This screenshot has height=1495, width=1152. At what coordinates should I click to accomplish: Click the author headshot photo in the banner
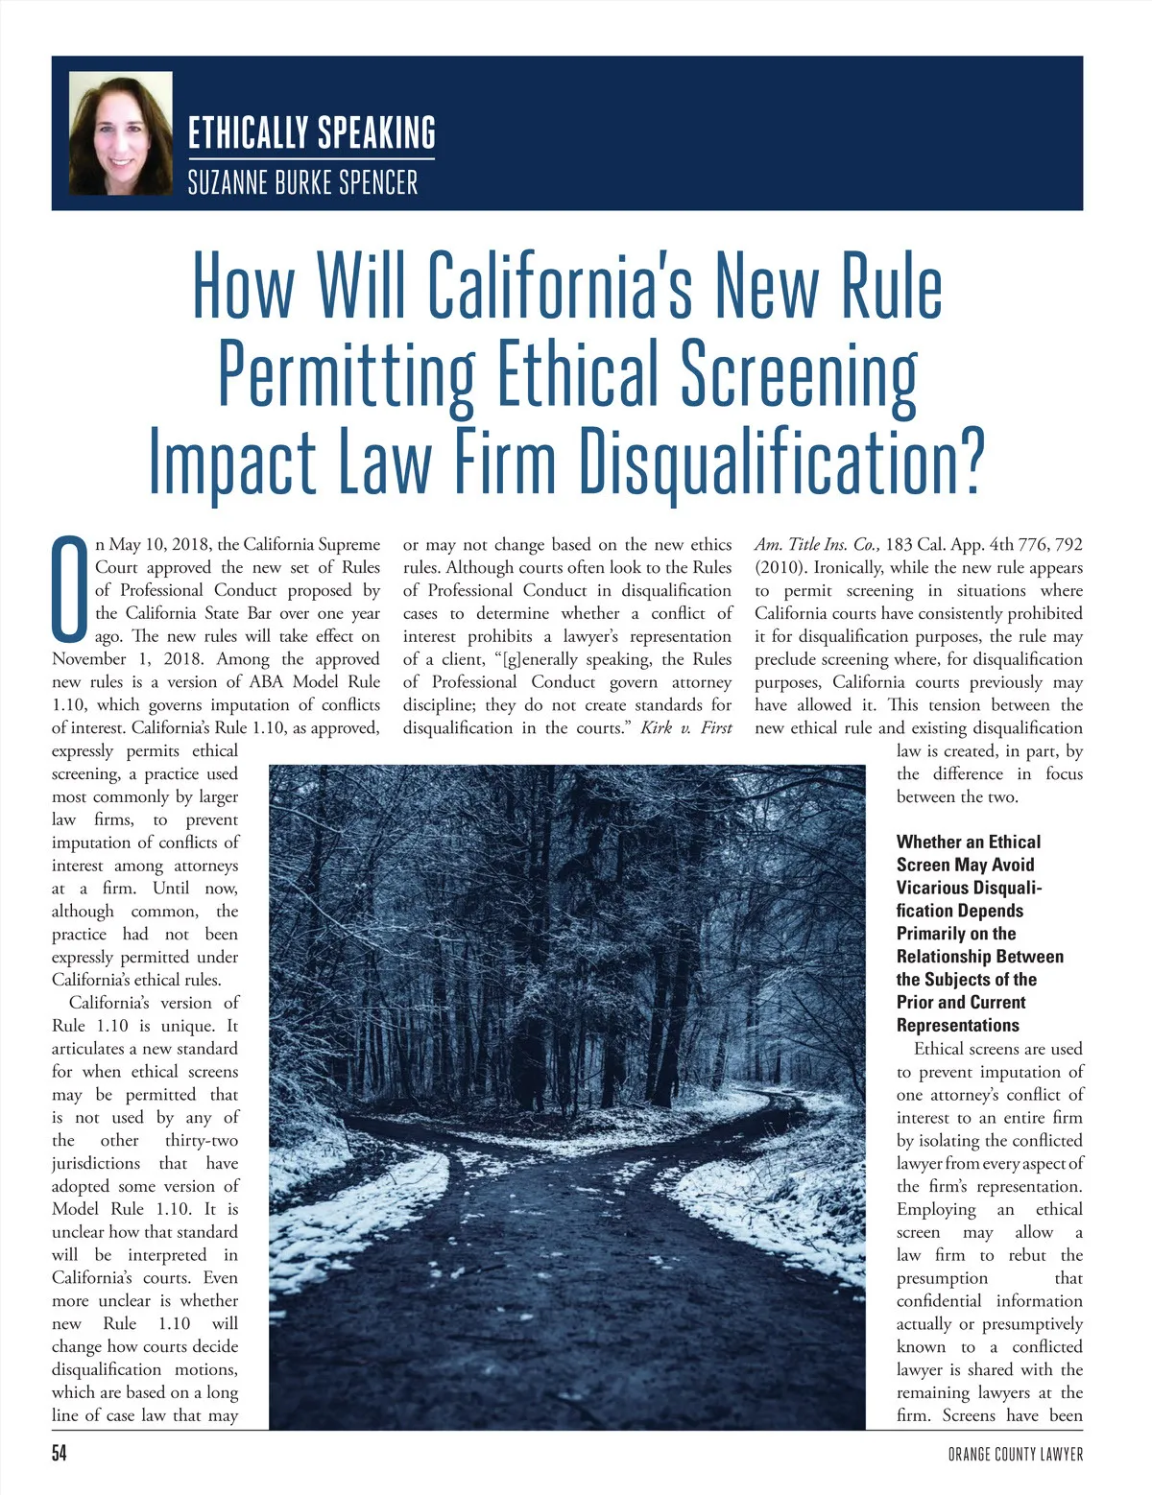click(121, 134)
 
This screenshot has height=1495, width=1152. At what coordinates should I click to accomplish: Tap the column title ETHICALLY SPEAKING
click(311, 133)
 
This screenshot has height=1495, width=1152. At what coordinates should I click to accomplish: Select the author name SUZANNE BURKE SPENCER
click(302, 182)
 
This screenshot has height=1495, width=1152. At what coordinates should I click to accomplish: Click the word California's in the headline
click(560, 285)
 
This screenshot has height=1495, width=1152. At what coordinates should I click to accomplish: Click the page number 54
click(60, 1454)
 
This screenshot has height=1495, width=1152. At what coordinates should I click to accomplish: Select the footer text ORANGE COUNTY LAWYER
click(1015, 1455)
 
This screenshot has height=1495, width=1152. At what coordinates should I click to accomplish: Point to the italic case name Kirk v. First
click(685, 728)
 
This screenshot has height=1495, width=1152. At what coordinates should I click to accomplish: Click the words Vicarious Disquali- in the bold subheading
click(969, 888)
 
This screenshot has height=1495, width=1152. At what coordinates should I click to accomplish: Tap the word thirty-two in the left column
click(202, 1141)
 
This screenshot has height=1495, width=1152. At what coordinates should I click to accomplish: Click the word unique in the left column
click(195, 1026)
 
